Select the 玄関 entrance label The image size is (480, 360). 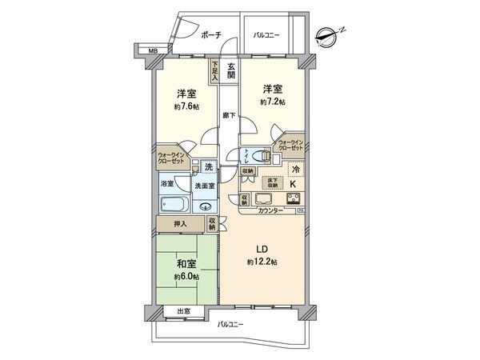pyautogui.click(x=231, y=70)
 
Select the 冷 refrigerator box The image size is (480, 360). pyautogui.click(x=294, y=170)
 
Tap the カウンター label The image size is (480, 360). pyautogui.click(x=270, y=210)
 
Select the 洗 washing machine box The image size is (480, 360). pyautogui.click(x=208, y=166)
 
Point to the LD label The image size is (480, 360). pyautogui.click(x=262, y=249)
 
